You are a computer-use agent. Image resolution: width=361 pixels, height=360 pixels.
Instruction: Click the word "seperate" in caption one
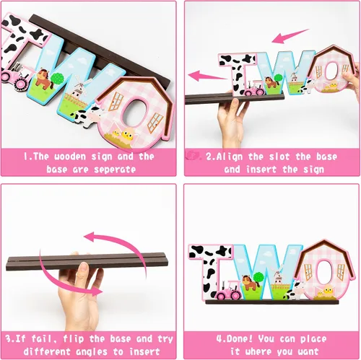(x=115, y=170)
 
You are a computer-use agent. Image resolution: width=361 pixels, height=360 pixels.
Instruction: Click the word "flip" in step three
(x=74, y=339)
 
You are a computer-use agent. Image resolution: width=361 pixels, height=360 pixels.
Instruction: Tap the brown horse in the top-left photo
(x=44, y=79)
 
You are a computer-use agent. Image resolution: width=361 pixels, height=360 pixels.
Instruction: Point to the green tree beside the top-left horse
(x=57, y=79)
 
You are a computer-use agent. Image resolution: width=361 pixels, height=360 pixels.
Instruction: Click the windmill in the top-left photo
(x=80, y=89)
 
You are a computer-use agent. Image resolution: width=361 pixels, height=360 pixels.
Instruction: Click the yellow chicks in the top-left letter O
(x=123, y=136)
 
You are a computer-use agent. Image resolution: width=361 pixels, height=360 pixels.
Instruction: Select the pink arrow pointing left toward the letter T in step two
(x=207, y=75)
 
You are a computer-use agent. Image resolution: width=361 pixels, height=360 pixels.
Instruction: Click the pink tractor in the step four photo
(x=227, y=290)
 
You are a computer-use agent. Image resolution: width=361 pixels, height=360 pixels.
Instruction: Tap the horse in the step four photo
(x=251, y=283)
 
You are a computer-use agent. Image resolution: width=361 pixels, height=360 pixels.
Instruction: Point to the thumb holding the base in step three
(x=82, y=269)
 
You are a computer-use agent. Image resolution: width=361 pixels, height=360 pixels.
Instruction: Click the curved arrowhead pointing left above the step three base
(x=90, y=237)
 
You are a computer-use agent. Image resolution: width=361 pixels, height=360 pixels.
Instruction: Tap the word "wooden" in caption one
(x=70, y=157)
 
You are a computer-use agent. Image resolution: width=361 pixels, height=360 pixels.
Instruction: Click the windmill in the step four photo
(x=277, y=276)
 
